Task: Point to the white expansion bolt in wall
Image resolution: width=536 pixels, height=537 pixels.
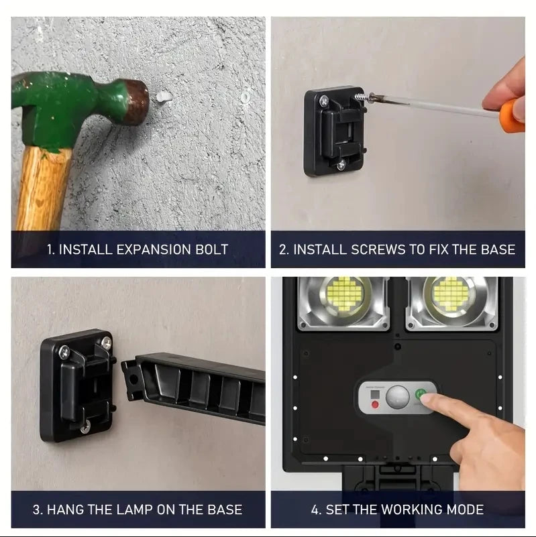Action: pyautogui.click(x=162, y=97)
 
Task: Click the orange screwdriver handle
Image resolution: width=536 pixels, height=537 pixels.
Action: pyautogui.click(x=511, y=115)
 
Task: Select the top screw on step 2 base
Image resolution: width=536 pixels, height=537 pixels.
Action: pyautogui.click(x=325, y=101)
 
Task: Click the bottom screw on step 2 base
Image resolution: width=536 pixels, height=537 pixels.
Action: pyautogui.click(x=341, y=164)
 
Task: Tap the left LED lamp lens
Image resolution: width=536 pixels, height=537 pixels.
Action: pyautogui.click(x=345, y=295)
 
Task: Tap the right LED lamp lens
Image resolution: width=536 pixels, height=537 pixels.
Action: pyautogui.click(x=451, y=295)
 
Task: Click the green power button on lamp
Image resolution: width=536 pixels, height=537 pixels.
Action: pyautogui.click(x=421, y=394)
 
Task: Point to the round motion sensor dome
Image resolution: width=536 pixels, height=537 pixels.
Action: pyautogui.click(x=399, y=396)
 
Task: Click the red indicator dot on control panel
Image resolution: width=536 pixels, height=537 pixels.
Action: pyautogui.click(x=375, y=404)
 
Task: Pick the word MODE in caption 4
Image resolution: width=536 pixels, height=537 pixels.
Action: pyautogui.click(x=461, y=510)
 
